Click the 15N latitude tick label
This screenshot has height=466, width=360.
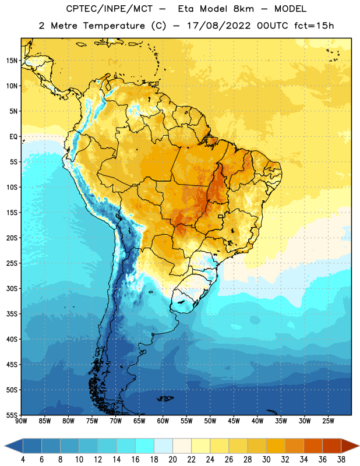pyautogui.click(x=12, y=61)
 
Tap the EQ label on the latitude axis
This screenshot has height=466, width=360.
pyautogui.click(x=13, y=137)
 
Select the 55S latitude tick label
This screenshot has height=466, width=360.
pyautogui.click(x=12, y=415)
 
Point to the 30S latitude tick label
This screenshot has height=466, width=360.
pyautogui.click(x=12, y=288)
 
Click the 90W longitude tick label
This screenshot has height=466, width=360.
pyautogui.click(x=21, y=421)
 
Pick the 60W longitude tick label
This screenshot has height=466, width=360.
pyautogui.click(x=163, y=421)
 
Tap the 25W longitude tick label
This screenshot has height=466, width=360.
pyautogui.click(x=328, y=421)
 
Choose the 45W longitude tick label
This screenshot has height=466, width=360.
pyautogui.click(x=234, y=421)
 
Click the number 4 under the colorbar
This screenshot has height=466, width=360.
pyautogui.click(x=23, y=460)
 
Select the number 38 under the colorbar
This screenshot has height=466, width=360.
pyautogui.click(x=341, y=460)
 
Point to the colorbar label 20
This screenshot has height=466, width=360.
pyautogui.click(x=172, y=460)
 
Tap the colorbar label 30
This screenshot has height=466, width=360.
pyautogui.click(x=266, y=460)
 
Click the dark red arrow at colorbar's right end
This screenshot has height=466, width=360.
pyautogui.click(x=350, y=446)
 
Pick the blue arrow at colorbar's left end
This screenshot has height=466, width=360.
pyautogui.click(x=14, y=446)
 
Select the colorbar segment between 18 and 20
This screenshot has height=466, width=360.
pyautogui.click(x=163, y=446)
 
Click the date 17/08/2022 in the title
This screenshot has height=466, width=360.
pyautogui.click(x=219, y=26)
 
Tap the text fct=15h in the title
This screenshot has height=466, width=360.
pyautogui.click(x=314, y=26)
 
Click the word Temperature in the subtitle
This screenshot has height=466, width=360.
pyautogui.click(x=114, y=26)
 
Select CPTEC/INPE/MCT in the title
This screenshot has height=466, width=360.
pyautogui.click(x=110, y=9)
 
